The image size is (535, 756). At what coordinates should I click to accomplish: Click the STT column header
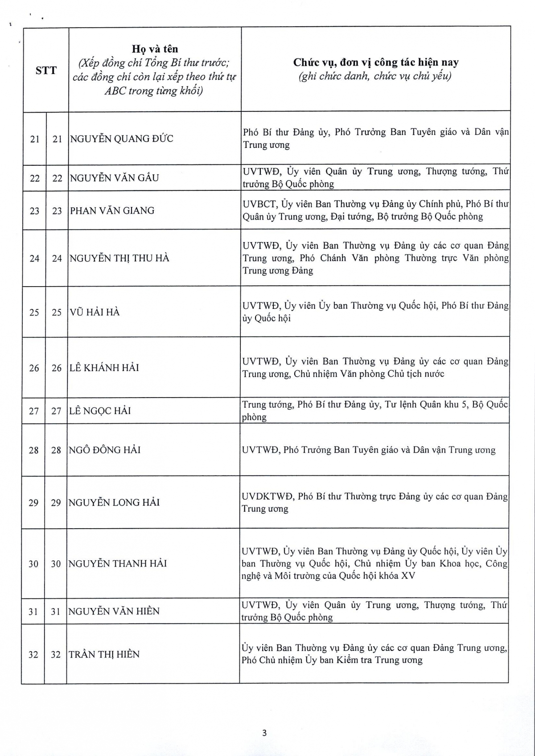[46, 70]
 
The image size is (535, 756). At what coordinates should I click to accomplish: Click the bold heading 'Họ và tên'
[155, 49]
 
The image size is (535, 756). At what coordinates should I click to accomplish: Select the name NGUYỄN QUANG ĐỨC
[121, 139]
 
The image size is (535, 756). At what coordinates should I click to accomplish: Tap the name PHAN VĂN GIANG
[112, 210]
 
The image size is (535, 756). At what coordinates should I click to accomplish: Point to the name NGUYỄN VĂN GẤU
[114, 178]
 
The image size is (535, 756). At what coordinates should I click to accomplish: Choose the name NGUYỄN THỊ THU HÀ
[119, 258]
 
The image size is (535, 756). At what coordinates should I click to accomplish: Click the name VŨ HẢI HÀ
[95, 312]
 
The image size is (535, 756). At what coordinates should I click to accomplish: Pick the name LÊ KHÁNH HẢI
[104, 368]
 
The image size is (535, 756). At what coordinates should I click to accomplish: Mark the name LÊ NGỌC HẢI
[100, 411]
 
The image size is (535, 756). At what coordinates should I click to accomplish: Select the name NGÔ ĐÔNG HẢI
[104, 450]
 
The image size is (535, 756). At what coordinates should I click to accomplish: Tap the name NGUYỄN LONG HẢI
[114, 502]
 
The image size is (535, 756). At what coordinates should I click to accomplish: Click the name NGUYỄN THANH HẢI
[117, 563]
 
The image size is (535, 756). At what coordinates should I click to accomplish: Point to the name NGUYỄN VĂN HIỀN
[114, 611]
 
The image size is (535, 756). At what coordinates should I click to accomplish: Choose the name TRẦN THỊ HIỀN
[104, 654]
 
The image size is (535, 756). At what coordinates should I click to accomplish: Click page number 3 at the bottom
[264, 733]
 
